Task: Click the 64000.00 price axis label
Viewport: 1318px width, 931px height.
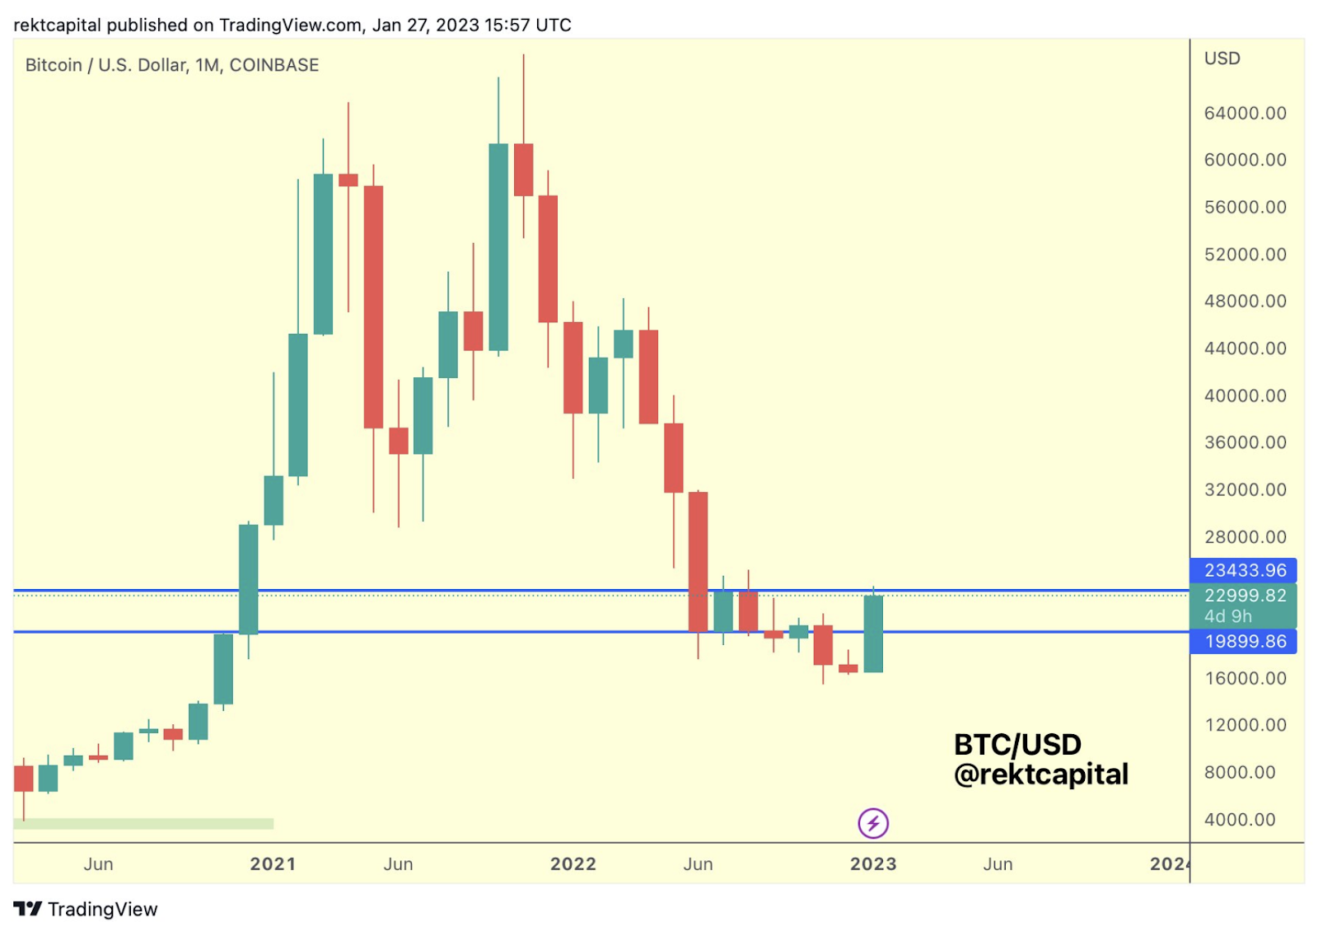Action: click(x=1245, y=113)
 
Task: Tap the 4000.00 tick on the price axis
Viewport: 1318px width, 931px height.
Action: click(x=1240, y=820)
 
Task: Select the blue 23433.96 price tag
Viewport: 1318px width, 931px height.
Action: click(x=1244, y=570)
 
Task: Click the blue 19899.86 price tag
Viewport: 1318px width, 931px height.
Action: click(x=1244, y=641)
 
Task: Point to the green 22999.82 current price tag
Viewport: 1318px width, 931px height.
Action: click(x=1244, y=596)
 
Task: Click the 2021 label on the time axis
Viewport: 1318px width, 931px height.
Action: click(x=273, y=863)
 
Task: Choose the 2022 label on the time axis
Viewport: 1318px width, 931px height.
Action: click(x=573, y=863)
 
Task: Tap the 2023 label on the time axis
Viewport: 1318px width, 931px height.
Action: click(x=873, y=863)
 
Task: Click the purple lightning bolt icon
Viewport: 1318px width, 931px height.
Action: click(x=873, y=822)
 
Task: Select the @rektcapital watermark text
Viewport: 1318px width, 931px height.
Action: click(x=1041, y=774)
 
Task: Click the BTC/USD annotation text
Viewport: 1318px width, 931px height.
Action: click(x=1017, y=745)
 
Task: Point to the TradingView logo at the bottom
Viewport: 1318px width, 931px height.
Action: click(x=86, y=909)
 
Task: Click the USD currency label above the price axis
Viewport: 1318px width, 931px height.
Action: click(x=1222, y=58)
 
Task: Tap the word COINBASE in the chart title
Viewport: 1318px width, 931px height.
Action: click(x=274, y=65)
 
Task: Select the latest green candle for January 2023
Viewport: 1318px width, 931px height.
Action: click(x=873, y=634)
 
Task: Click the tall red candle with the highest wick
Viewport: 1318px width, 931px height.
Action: click(x=523, y=170)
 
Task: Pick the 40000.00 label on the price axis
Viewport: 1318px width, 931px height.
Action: click(x=1245, y=395)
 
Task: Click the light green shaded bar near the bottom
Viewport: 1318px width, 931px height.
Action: click(x=143, y=824)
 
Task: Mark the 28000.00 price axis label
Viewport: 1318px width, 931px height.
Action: click(x=1245, y=537)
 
